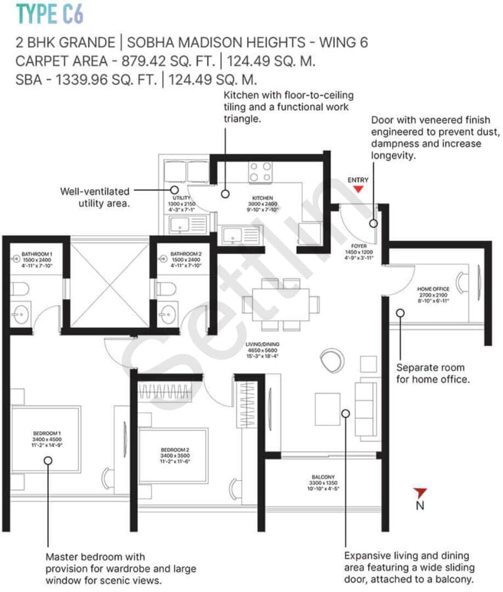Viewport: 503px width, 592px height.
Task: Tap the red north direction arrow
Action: pyautogui.click(x=420, y=492)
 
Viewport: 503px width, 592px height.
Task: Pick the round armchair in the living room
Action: pyautogui.click(x=331, y=361)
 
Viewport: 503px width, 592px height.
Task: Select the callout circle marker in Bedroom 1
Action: pyautogui.click(x=48, y=460)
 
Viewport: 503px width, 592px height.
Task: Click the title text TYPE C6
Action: pyautogui.click(x=50, y=14)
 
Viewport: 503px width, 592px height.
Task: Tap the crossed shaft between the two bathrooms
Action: pyautogui.click(x=109, y=285)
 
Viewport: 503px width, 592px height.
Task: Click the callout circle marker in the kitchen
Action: pyautogui.click(x=225, y=193)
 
